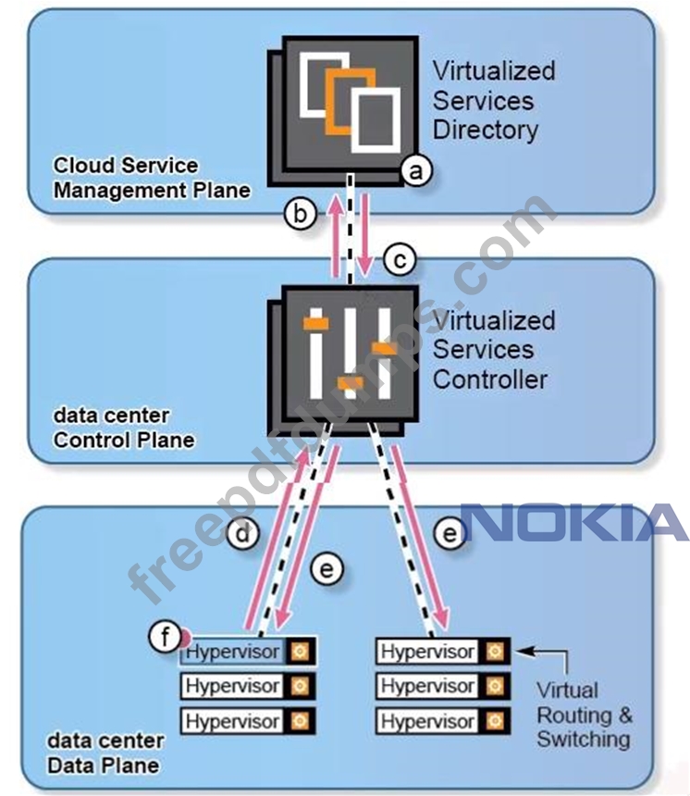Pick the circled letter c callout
click(400, 260)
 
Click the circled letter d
click(242, 535)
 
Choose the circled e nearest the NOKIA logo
click(450, 535)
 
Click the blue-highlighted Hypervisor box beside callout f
click(233, 652)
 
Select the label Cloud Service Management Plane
click(151, 178)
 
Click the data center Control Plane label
click(124, 428)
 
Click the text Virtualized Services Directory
click(494, 100)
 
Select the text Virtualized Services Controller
click(494, 350)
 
